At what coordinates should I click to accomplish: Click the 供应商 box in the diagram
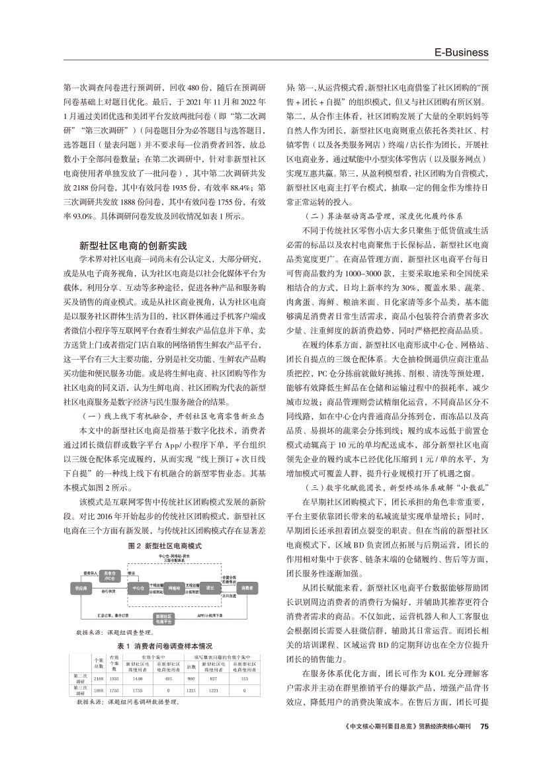pos(82,587)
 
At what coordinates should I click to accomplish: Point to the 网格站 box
pos(175,587)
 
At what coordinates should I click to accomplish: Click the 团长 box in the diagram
pos(210,587)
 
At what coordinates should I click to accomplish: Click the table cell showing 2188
pos(98,678)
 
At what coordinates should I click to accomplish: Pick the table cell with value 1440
pos(138,678)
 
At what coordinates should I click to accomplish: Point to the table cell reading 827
pos(213,678)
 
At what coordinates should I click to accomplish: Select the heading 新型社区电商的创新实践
pos(134,245)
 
